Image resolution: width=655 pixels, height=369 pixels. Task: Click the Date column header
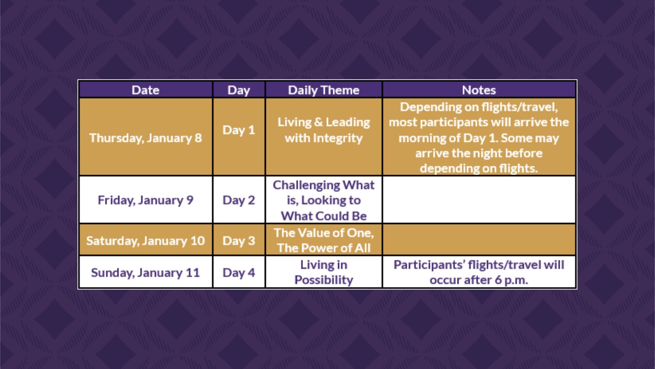[146, 90]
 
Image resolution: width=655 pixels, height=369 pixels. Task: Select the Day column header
[239, 90]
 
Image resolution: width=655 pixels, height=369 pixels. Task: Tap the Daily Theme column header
[324, 90]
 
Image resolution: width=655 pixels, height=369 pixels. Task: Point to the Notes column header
[479, 90]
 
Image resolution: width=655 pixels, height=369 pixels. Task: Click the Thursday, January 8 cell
[146, 137]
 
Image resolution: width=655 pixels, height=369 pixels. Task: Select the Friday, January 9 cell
[146, 200]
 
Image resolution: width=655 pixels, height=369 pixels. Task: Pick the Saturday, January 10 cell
[146, 240]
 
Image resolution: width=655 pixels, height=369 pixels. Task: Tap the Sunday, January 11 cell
[146, 272]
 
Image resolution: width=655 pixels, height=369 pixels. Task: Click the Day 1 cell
[239, 137]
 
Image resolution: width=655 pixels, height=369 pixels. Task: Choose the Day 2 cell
[239, 200]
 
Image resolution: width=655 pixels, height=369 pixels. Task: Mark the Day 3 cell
[239, 240]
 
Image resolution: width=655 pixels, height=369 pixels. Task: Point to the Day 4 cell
[239, 272]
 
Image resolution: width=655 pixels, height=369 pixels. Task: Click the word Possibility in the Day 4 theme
[324, 280]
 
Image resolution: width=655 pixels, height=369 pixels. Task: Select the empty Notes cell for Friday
[479, 200]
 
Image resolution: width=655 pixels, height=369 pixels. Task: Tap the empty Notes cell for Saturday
[479, 240]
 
